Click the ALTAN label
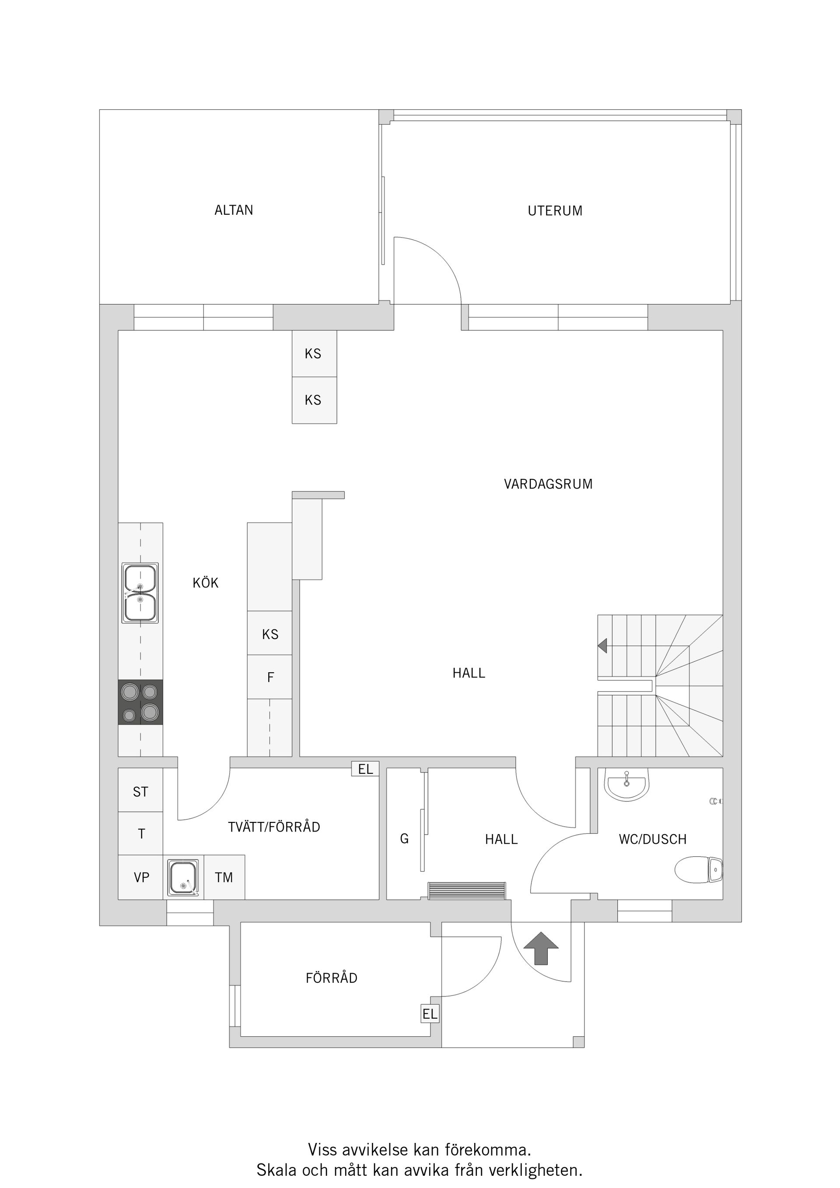pyautogui.click(x=234, y=210)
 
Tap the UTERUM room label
pyautogui.click(x=554, y=211)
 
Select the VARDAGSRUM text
pyautogui.click(x=548, y=484)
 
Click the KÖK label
pyautogui.click(x=206, y=583)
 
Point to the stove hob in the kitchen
pyautogui.click(x=140, y=702)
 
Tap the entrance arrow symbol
pyautogui.click(x=541, y=948)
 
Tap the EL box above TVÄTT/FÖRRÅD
pyautogui.click(x=365, y=769)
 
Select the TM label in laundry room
pyautogui.click(x=224, y=877)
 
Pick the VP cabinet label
pyautogui.click(x=141, y=877)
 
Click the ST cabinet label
pyautogui.click(x=140, y=792)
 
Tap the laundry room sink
pyautogui.click(x=183, y=877)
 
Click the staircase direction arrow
pyautogui.click(x=602, y=646)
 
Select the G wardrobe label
pyautogui.click(x=404, y=839)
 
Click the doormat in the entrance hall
pyautogui.click(x=466, y=891)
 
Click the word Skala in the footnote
pyautogui.click(x=277, y=1170)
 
